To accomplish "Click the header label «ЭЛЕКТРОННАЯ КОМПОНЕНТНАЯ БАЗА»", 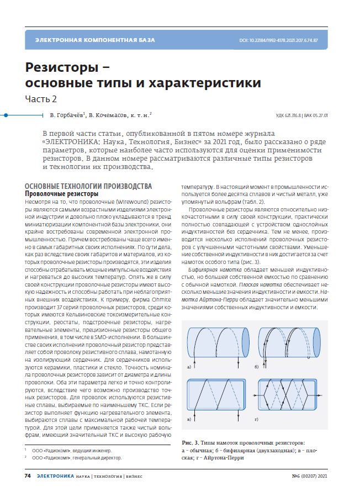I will pyautogui.click(x=95, y=40).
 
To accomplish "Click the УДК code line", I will pyautogui.click(x=301, y=115).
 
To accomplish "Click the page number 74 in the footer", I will pyautogui.click(x=27, y=475).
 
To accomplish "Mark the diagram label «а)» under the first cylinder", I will pyautogui.click(x=190, y=367).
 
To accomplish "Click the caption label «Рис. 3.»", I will pyautogui.click(x=190, y=443).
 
